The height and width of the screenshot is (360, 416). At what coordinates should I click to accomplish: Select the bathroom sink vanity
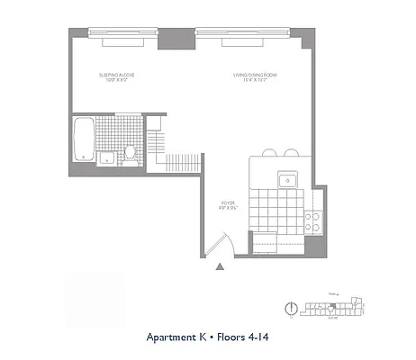click(106, 158)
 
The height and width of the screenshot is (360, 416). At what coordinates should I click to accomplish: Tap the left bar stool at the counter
click(267, 153)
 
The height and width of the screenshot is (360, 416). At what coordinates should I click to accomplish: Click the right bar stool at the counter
click(290, 153)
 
